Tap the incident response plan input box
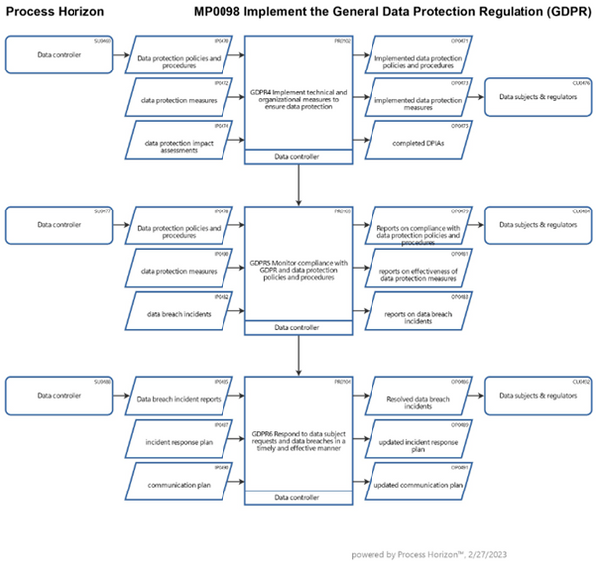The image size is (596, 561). tap(180, 440)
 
